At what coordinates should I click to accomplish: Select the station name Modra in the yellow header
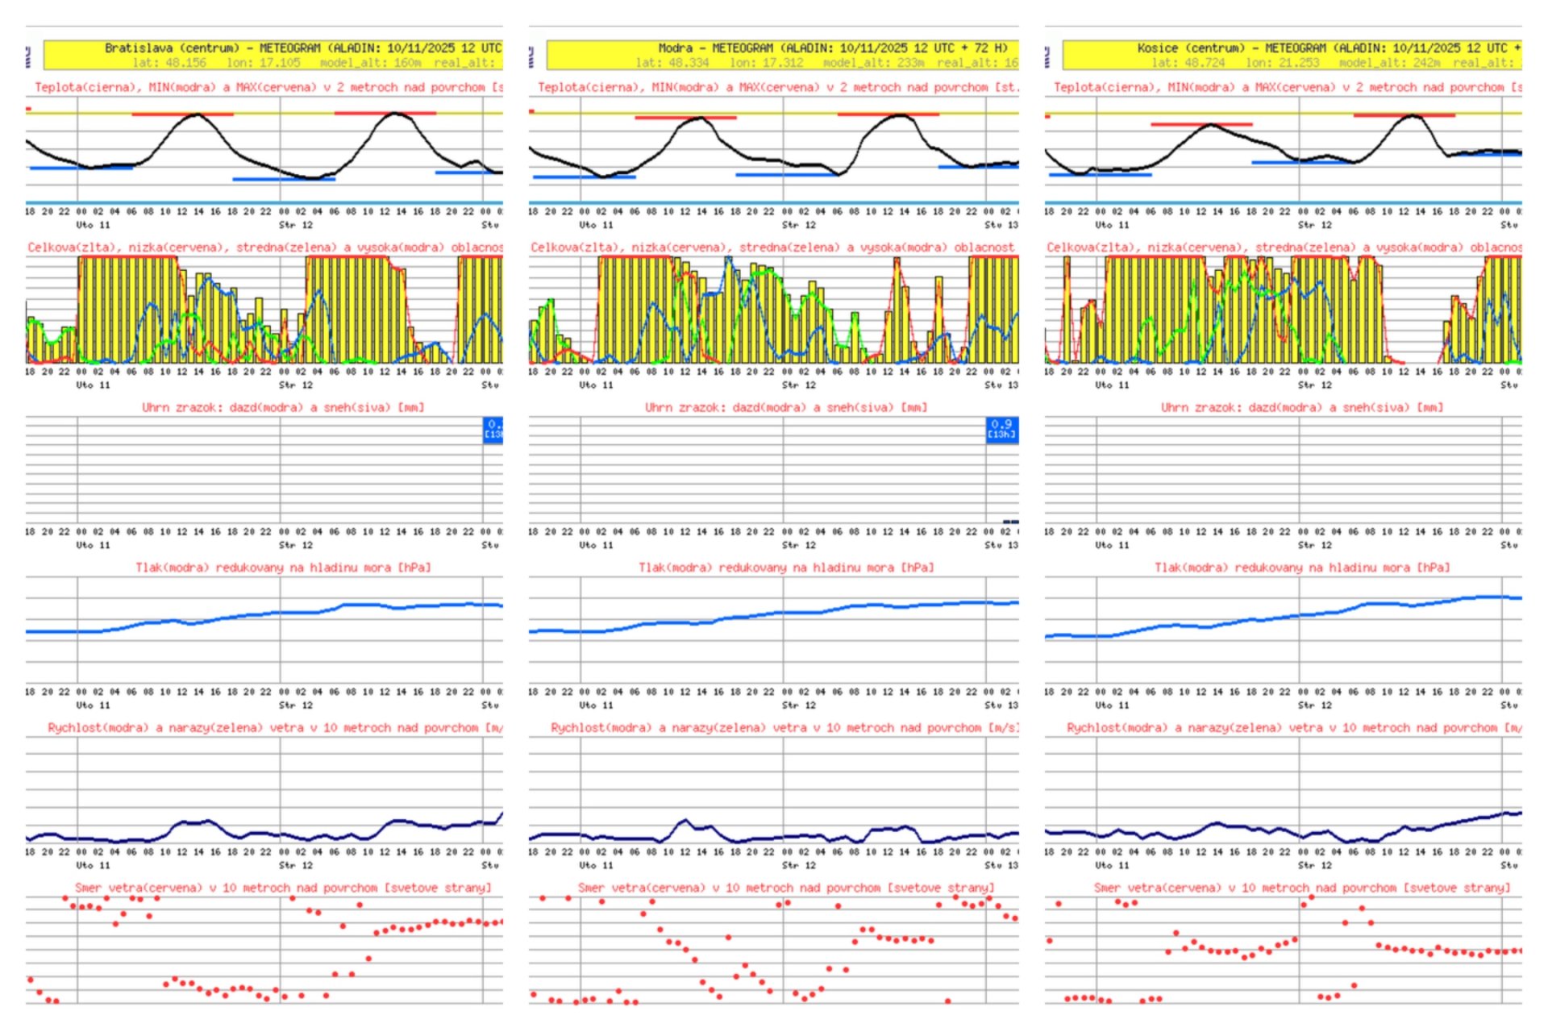(675, 48)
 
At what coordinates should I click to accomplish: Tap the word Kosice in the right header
(1157, 48)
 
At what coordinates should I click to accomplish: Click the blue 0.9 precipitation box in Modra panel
(1002, 429)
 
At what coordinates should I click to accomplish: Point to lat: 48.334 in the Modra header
(672, 63)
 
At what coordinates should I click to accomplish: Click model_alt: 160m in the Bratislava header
(370, 63)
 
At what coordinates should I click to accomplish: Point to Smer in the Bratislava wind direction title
(89, 888)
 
